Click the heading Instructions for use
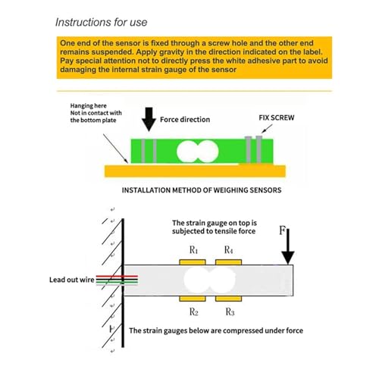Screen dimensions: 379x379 [101, 22]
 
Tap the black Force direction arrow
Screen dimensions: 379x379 [149, 119]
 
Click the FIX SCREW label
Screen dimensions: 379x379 [277, 117]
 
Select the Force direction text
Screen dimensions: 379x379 [185, 120]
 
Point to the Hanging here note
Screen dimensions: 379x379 [96, 113]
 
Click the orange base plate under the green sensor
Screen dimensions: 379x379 [195, 171]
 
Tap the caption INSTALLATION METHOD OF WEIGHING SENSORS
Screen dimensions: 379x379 [202, 190]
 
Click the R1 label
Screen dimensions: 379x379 [193, 250]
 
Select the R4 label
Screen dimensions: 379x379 [228, 250]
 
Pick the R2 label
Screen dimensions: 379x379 [194, 312]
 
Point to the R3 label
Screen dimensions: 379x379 [230, 312]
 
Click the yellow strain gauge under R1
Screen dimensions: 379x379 [193, 262]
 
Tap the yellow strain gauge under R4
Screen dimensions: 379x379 [228, 262]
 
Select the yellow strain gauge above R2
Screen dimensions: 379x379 [193, 299]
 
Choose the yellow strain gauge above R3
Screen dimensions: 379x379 [228, 299]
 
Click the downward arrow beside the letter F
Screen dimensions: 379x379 [288, 246]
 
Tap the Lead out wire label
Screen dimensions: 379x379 [72, 280]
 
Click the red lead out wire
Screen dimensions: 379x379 [117, 277]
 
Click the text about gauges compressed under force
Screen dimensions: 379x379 [216, 330]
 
